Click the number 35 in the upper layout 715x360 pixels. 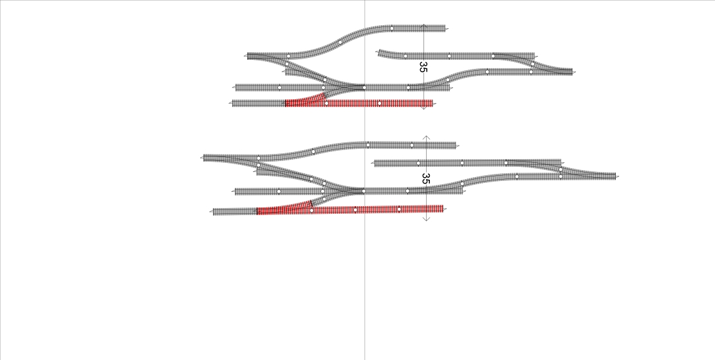(423, 67)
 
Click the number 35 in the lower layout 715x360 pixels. (425, 178)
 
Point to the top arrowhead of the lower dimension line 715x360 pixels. (426, 137)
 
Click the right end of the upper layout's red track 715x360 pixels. (432, 104)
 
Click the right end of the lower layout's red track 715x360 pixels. (443, 209)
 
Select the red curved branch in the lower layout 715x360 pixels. (284, 207)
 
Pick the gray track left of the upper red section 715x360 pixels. (259, 104)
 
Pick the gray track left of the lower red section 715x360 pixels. (235, 212)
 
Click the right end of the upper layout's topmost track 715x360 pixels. (445, 28)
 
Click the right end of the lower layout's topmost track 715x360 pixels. (456, 146)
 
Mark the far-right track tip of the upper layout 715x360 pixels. (572, 71)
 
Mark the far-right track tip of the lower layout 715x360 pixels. (616, 176)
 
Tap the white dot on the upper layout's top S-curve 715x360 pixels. (340, 43)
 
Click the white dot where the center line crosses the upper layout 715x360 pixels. (364, 88)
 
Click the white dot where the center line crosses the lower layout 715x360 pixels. (364, 191)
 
